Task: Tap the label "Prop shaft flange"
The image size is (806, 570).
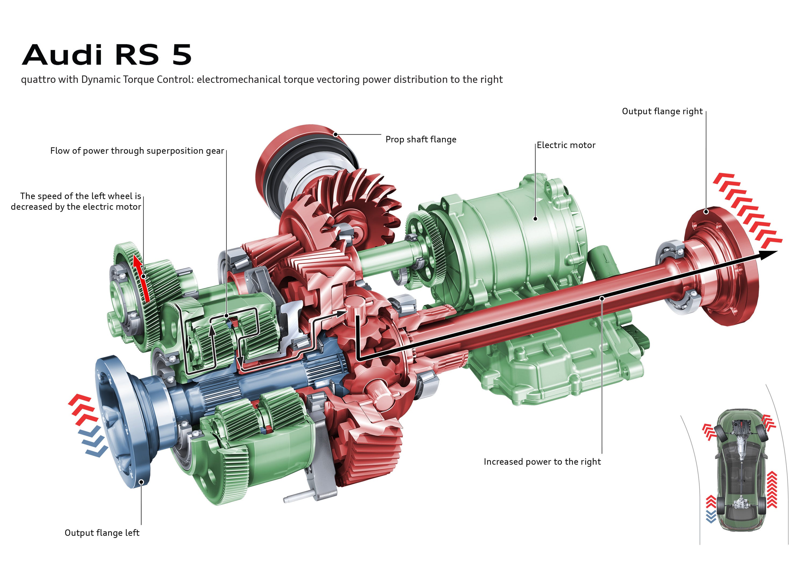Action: (421, 139)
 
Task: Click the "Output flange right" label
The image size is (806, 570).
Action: (662, 111)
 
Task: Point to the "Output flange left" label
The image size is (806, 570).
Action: (102, 533)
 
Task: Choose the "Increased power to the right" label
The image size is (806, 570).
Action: (542, 461)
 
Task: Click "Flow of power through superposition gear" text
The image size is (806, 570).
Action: (137, 151)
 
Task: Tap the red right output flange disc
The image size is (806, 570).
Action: (720, 266)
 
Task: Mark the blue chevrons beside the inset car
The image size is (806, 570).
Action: (711, 517)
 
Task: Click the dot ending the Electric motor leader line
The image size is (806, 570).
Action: (535, 218)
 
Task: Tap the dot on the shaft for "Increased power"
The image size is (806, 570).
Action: (602, 298)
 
